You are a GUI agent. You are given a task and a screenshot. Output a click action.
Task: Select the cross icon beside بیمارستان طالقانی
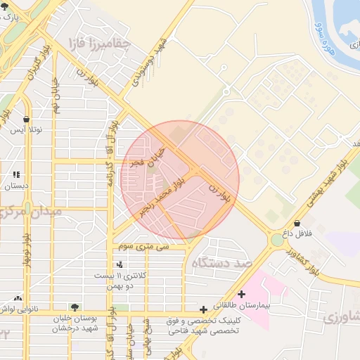coord(242,294)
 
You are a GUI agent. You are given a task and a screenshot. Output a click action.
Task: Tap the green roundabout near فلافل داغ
coord(278,240)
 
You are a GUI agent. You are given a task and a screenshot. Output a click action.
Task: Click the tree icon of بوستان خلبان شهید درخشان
coord(75,307)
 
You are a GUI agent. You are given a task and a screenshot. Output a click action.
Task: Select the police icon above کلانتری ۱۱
coord(120,265)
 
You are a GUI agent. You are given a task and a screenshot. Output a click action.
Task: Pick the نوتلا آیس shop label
coord(25,130)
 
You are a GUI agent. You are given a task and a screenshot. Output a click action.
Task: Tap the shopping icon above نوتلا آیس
coord(27,120)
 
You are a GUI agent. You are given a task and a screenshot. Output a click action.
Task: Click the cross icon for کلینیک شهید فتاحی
coord(203,309)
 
